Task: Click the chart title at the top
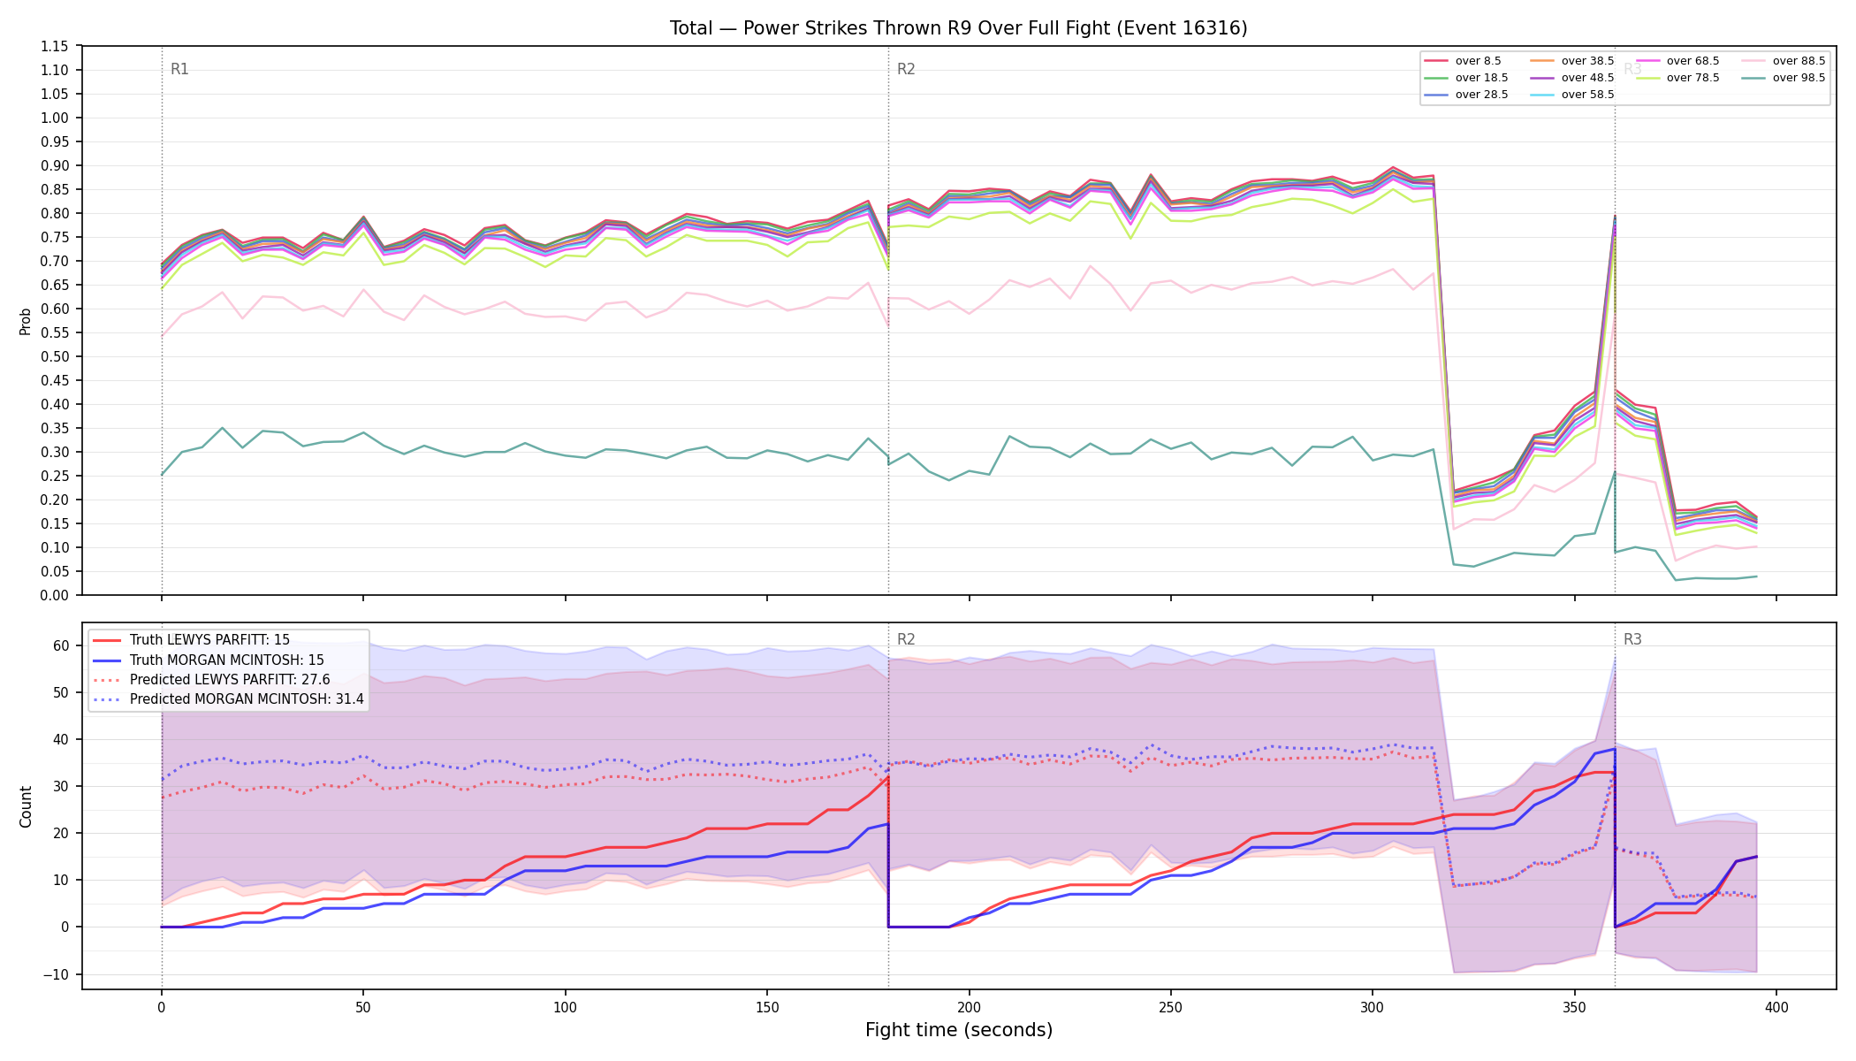coord(958,28)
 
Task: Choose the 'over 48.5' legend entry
coord(1572,78)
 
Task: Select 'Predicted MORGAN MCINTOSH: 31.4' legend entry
coord(228,699)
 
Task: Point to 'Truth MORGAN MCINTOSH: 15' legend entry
coord(209,660)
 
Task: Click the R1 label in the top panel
coord(179,69)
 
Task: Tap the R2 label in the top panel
coord(906,69)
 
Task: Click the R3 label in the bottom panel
coord(1632,639)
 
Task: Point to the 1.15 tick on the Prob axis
coord(55,46)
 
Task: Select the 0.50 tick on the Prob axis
coord(55,356)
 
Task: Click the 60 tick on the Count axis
coord(61,645)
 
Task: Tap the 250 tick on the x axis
coord(1171,1007)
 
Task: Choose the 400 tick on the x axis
coord(1776,1007)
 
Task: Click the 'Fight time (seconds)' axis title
coord(959,1030)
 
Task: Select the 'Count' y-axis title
coord(26,806)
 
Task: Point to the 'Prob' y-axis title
coord(26,321)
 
